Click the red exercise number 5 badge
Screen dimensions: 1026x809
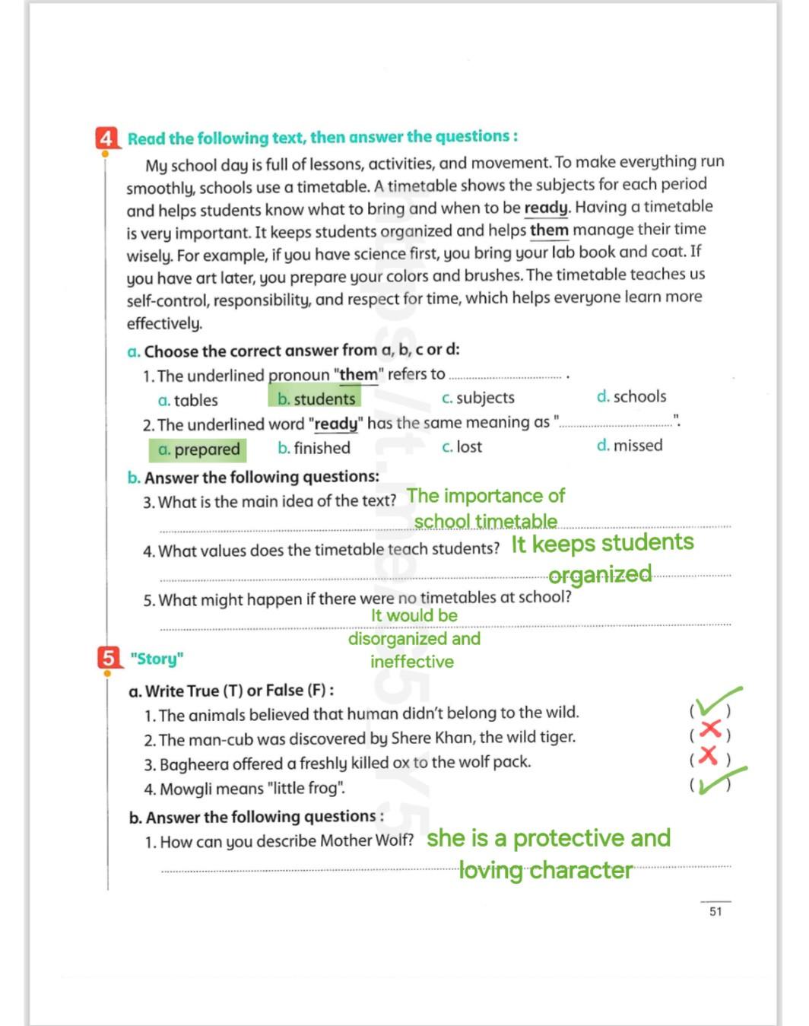pos(109,657)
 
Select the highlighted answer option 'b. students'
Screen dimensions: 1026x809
pos(316,399)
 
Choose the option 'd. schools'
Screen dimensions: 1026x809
pos(631,396)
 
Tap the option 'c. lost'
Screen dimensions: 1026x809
pos(462,446)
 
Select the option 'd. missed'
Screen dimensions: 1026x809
pos(630,445)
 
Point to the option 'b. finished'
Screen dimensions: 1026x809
pos(314,448)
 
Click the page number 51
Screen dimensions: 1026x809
pos(715,911)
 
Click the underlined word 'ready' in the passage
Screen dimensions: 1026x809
pos(546,208)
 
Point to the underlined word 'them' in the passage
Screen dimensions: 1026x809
pos(549,230)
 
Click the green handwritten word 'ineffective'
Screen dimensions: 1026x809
pos(411,662)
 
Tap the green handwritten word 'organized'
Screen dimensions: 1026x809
pos(600,574)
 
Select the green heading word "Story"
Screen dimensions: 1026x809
pos(157,659)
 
